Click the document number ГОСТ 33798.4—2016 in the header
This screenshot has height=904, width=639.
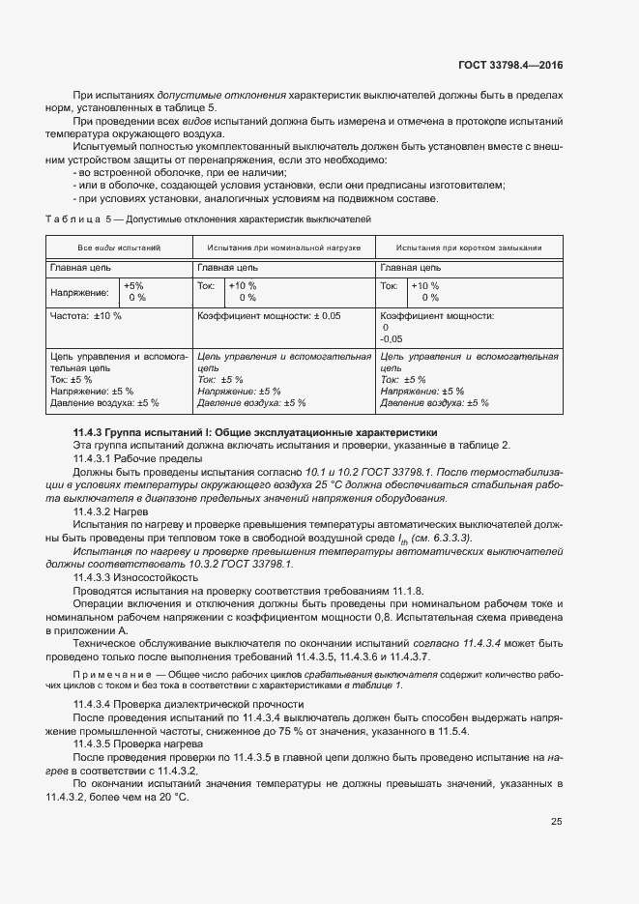click(509, 65)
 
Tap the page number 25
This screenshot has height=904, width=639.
click(556, 822)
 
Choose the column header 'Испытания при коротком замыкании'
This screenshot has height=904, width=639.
click(468, 248)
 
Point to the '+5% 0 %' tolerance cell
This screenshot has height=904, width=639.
click(134, 291)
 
